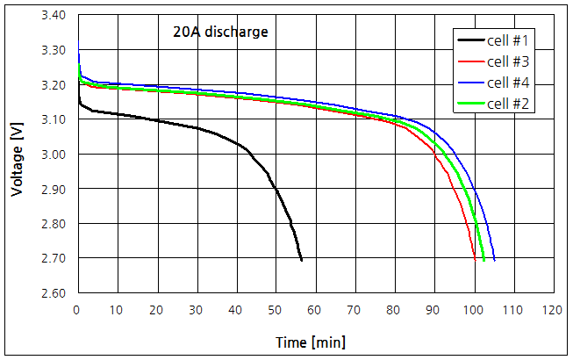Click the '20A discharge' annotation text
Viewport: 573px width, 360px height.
pyautogui.click(x=220, y=33)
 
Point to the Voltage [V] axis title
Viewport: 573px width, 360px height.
pyautogui.click(x=17, y=155)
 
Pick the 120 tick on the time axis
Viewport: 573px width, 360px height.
pyautogui.click(x=552, y=310)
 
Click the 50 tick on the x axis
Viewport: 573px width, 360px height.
pyautogui.click(x=276, y=310)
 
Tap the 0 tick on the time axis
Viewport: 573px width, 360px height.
pyautogui.click(x=77, y=310)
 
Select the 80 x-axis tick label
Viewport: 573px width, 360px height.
pyautogui.click(x=395, y=310)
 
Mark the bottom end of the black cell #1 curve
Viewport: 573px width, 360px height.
pyautogui.click(x=302, y=260)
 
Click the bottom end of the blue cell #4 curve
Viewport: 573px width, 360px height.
pyautogui.click(x=495, y=260)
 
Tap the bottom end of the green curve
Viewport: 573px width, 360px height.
pyautogui.click(x=484, y=260)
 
